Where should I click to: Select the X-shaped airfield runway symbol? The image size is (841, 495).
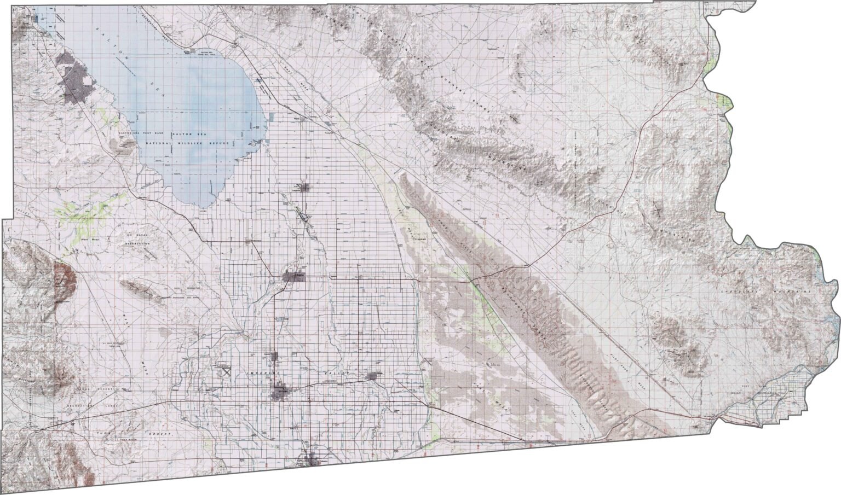(226, 371)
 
